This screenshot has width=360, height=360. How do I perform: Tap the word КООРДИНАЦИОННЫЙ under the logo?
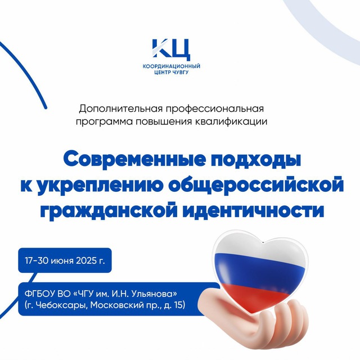(x=171, y=66)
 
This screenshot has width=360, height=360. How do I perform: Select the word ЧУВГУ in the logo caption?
(x=181, y=73)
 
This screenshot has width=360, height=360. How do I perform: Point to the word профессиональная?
(x=215, y=109)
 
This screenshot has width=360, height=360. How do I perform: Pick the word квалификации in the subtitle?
(x=231, y=121)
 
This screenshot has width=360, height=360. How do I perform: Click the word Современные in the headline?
(x=134, y=159)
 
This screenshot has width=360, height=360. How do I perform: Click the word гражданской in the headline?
(x=109, y=210)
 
